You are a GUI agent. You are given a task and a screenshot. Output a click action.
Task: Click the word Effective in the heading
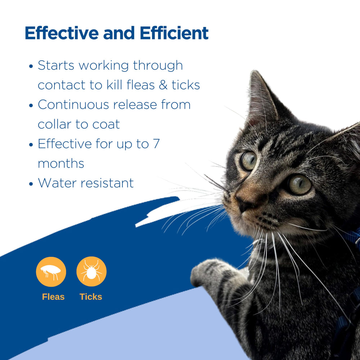tap(61, 33)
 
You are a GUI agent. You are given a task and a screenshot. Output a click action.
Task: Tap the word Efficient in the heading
tap(174, 33)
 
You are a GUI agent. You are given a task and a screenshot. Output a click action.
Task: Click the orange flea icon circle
tap(51, 271)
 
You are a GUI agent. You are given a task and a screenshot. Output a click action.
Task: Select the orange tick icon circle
tap(91, 271)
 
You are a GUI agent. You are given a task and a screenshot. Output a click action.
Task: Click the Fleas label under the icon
tap(53, 297)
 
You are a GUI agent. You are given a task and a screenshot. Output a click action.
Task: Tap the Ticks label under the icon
tap(91, 297)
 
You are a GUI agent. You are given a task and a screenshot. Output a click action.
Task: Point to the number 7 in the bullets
tap(156, 144)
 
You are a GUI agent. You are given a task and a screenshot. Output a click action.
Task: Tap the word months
tap(61, 164)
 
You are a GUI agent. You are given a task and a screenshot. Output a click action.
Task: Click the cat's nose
tap(244, 205)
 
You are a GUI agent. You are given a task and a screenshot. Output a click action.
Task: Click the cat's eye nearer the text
tap(249, 161)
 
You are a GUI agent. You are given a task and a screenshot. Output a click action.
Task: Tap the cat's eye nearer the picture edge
tap(299, 184)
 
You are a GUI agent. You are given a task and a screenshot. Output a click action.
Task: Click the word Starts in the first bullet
tap(56, 66)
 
